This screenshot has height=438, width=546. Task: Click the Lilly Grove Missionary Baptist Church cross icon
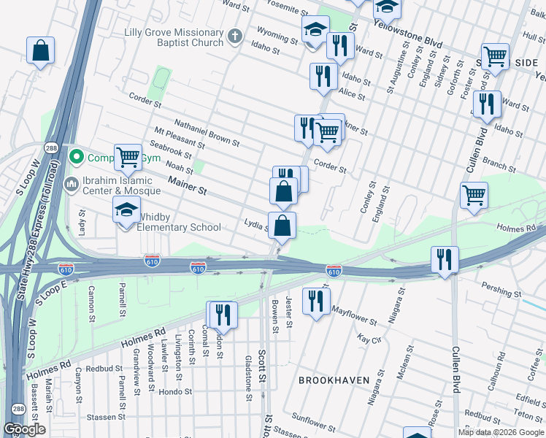[x=234, y=36]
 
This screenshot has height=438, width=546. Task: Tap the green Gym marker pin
[x=75, y=158]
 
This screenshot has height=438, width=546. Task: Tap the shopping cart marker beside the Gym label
[x=128, y=156]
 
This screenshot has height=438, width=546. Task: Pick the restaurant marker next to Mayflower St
[x=315, y=300]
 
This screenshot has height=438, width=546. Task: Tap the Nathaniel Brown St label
[x=207, y=131]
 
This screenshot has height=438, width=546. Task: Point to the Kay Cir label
[x=370, y=339]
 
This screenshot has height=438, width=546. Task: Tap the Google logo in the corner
[x=24, y=429]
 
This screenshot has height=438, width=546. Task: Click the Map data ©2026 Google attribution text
[x=501, y=432]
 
